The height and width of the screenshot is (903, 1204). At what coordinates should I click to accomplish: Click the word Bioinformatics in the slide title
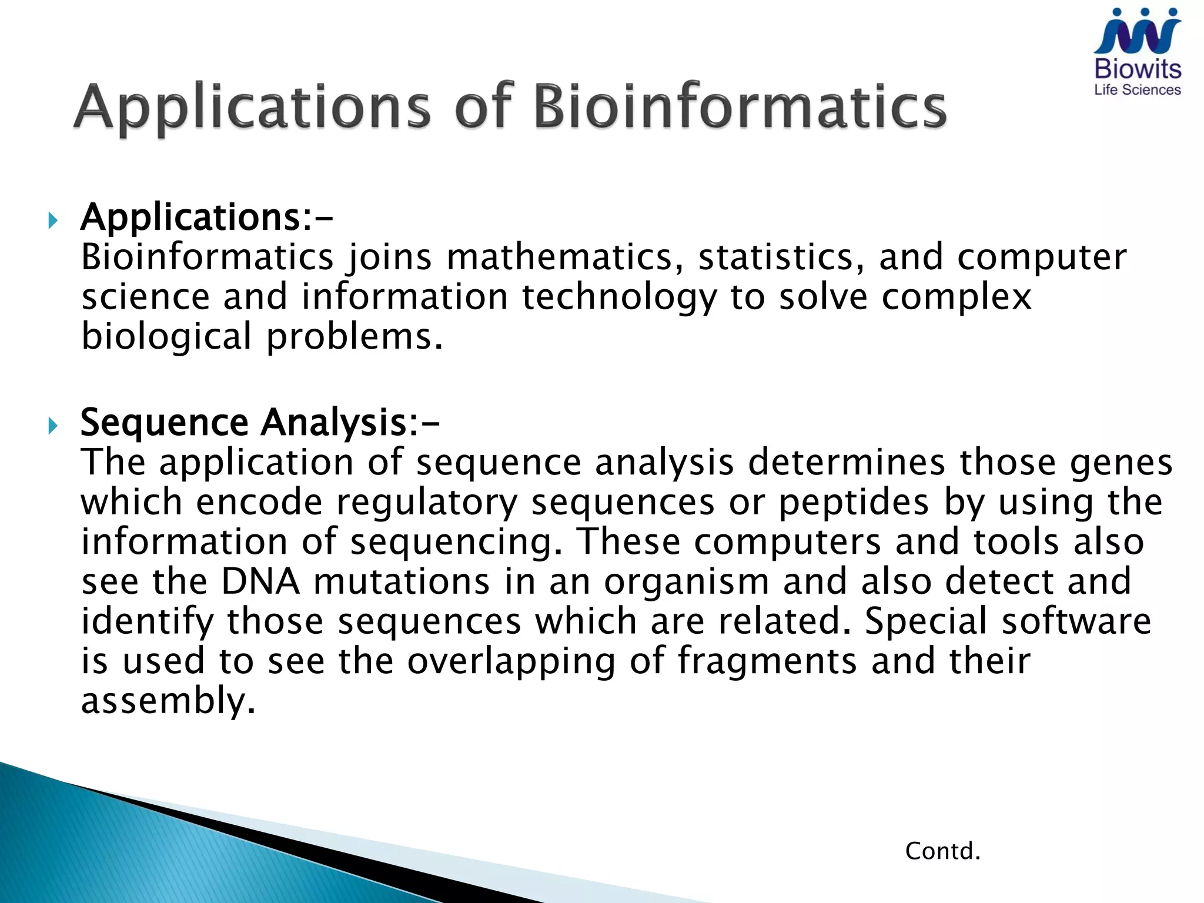(740, 107)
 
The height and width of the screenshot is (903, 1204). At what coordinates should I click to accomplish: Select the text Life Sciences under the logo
(1137, 90)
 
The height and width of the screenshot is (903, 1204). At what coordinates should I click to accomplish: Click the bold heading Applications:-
(206, 218)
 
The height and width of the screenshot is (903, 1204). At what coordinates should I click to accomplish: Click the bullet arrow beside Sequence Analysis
(53, 425)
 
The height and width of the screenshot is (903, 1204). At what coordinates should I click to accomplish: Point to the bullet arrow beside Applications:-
(53, 221)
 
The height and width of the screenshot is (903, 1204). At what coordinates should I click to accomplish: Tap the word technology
(619, 297)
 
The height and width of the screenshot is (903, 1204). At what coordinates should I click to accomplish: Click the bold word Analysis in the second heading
(339, 423)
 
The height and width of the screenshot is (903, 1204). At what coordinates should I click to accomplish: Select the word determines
(847, 462)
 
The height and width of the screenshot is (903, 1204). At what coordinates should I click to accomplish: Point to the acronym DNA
(260, 581)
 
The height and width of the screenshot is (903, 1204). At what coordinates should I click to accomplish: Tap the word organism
(686, 583)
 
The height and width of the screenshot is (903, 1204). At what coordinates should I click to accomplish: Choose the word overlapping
(511, 662)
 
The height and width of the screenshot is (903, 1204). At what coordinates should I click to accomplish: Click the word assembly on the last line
(168, 701)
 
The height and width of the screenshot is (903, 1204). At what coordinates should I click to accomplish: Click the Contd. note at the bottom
(942, 851)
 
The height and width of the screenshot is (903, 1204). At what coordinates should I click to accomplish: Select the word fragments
(767, 661)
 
